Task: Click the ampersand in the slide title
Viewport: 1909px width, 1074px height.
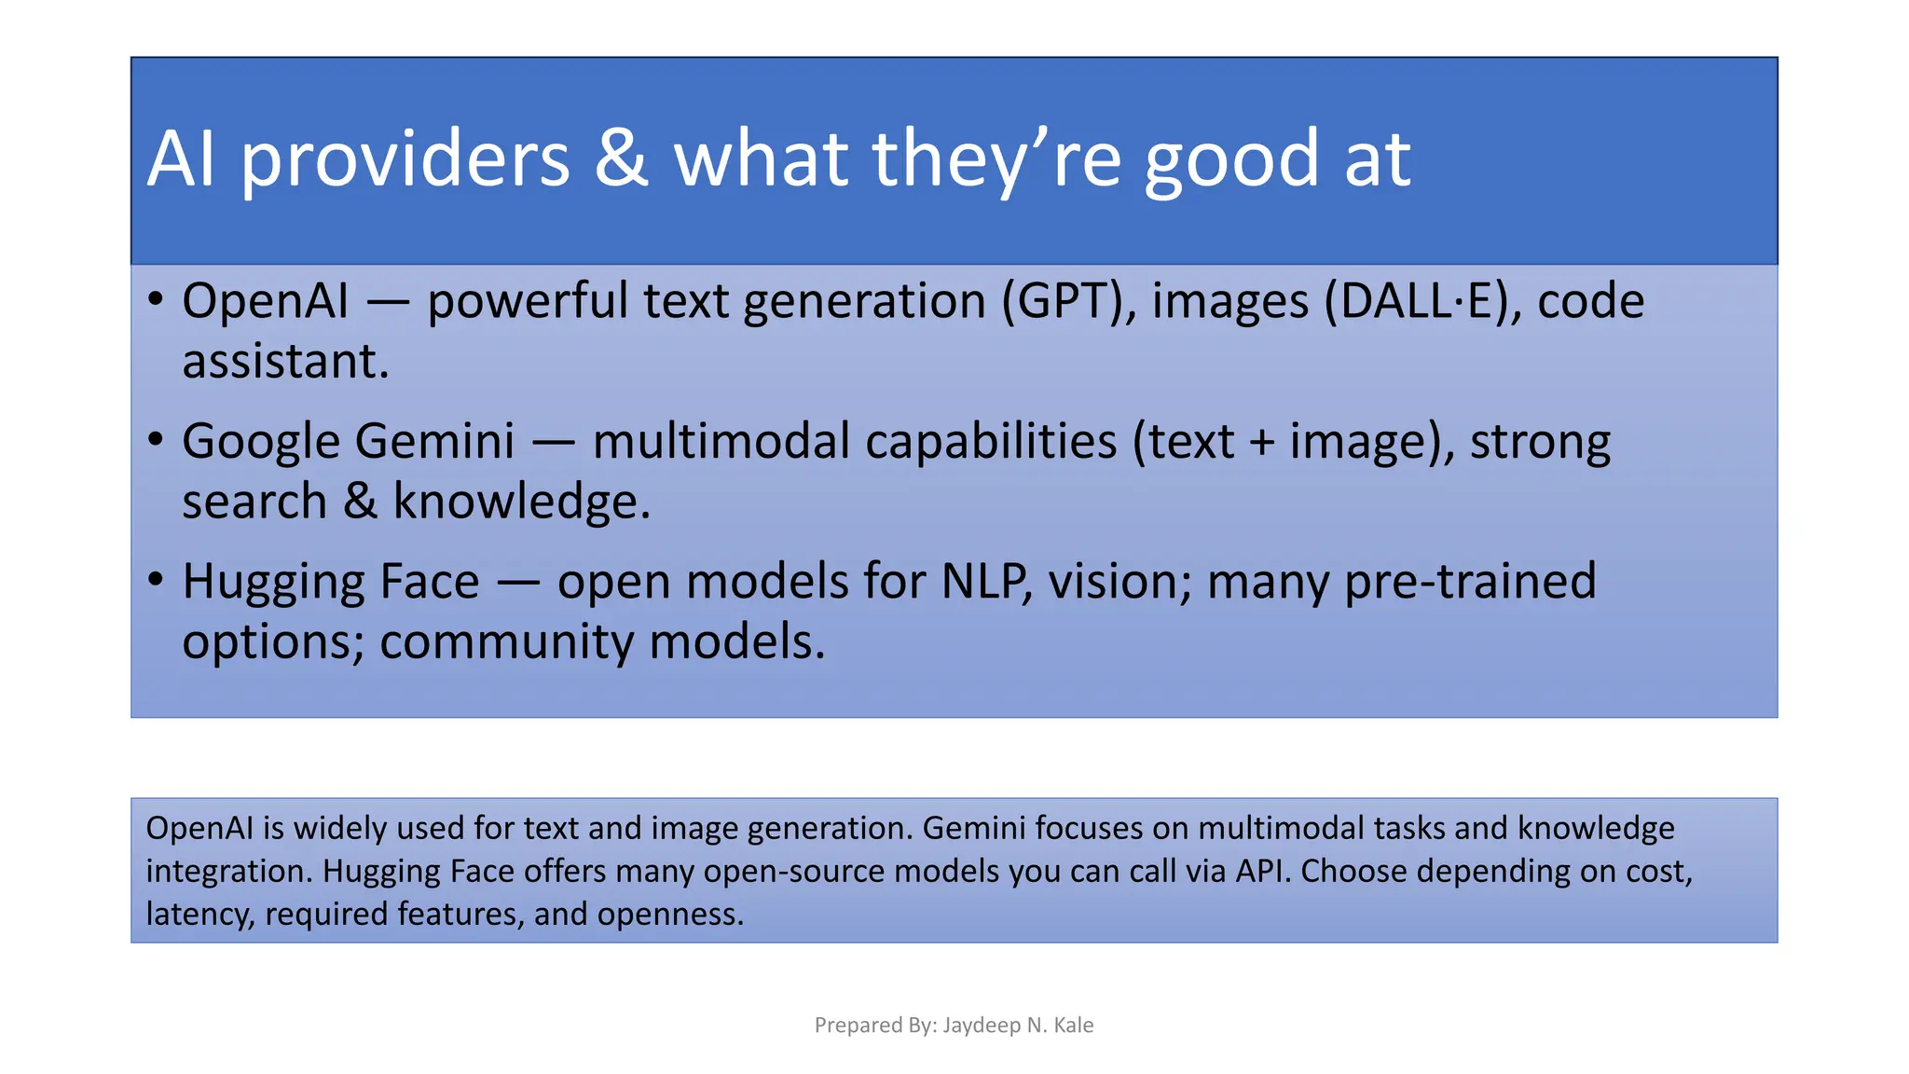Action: [621, 158]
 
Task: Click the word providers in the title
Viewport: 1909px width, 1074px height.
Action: [405, 160]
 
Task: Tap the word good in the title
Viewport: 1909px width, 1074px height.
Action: [1231, 160]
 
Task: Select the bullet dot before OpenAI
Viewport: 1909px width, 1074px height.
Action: [156, 300]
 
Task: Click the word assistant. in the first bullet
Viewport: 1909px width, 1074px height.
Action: [285, 362]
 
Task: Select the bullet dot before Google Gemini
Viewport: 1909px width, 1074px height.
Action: [156, 440]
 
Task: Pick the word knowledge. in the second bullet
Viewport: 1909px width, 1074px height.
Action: [521, 503]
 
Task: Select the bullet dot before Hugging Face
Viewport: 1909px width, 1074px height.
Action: [156, 580]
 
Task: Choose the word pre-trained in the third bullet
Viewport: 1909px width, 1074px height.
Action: [1470, 582]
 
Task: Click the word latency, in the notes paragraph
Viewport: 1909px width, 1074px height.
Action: [199, 914]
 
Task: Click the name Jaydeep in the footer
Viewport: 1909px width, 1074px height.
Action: [981, 1026]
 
